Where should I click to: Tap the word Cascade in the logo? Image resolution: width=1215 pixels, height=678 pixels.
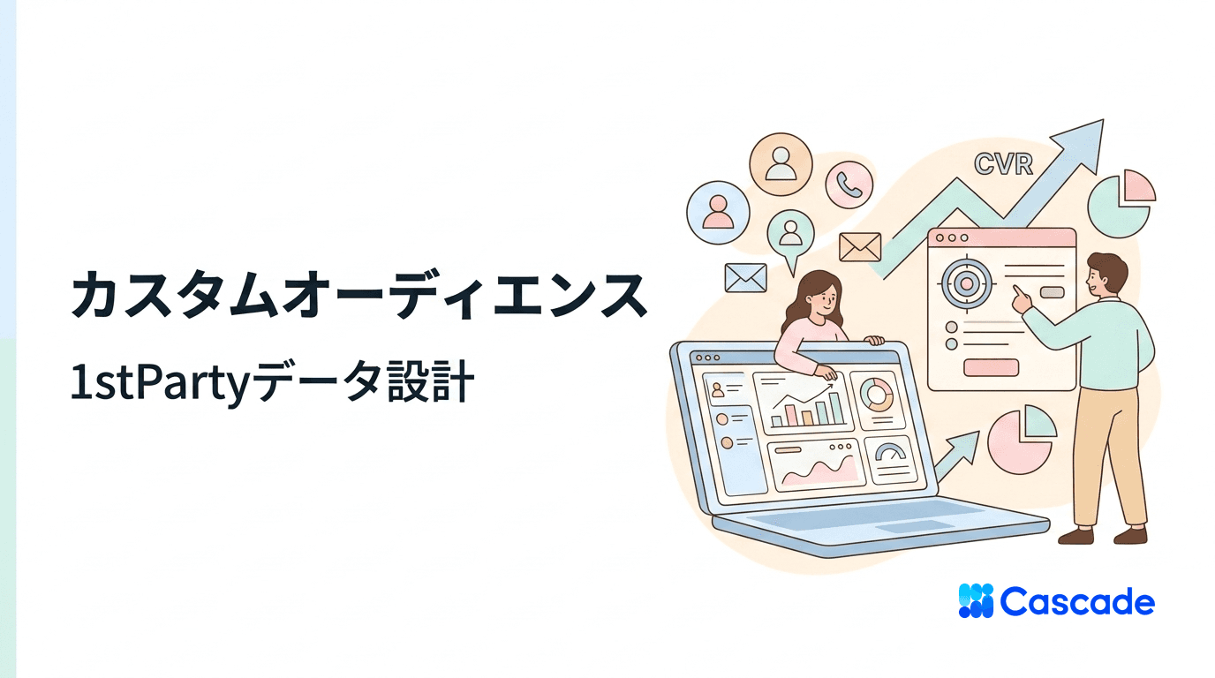click(x=1077, y=602)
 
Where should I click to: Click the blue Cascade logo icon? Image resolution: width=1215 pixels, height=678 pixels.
click(x=976, y=601)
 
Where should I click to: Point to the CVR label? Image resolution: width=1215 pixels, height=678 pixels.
click(x=1003, y=164)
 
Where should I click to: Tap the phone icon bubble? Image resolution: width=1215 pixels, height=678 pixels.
click(x=849, y=184)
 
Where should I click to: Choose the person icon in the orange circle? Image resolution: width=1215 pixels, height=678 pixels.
click(x=780, y=163)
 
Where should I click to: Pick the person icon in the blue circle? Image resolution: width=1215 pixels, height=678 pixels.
click(x=718, y=212)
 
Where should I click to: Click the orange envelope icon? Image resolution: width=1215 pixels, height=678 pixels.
click(x=860, y=246)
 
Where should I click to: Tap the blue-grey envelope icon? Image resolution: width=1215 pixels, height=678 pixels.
click(x=745, y=278)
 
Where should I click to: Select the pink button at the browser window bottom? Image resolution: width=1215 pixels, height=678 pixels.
click(x=991, y=367)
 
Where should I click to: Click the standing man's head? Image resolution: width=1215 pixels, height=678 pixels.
click(x=1106, y=275)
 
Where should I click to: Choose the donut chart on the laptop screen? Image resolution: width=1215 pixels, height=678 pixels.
click(x=878, y=395)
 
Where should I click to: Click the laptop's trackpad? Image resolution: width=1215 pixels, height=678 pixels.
click(x=909, y=526)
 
